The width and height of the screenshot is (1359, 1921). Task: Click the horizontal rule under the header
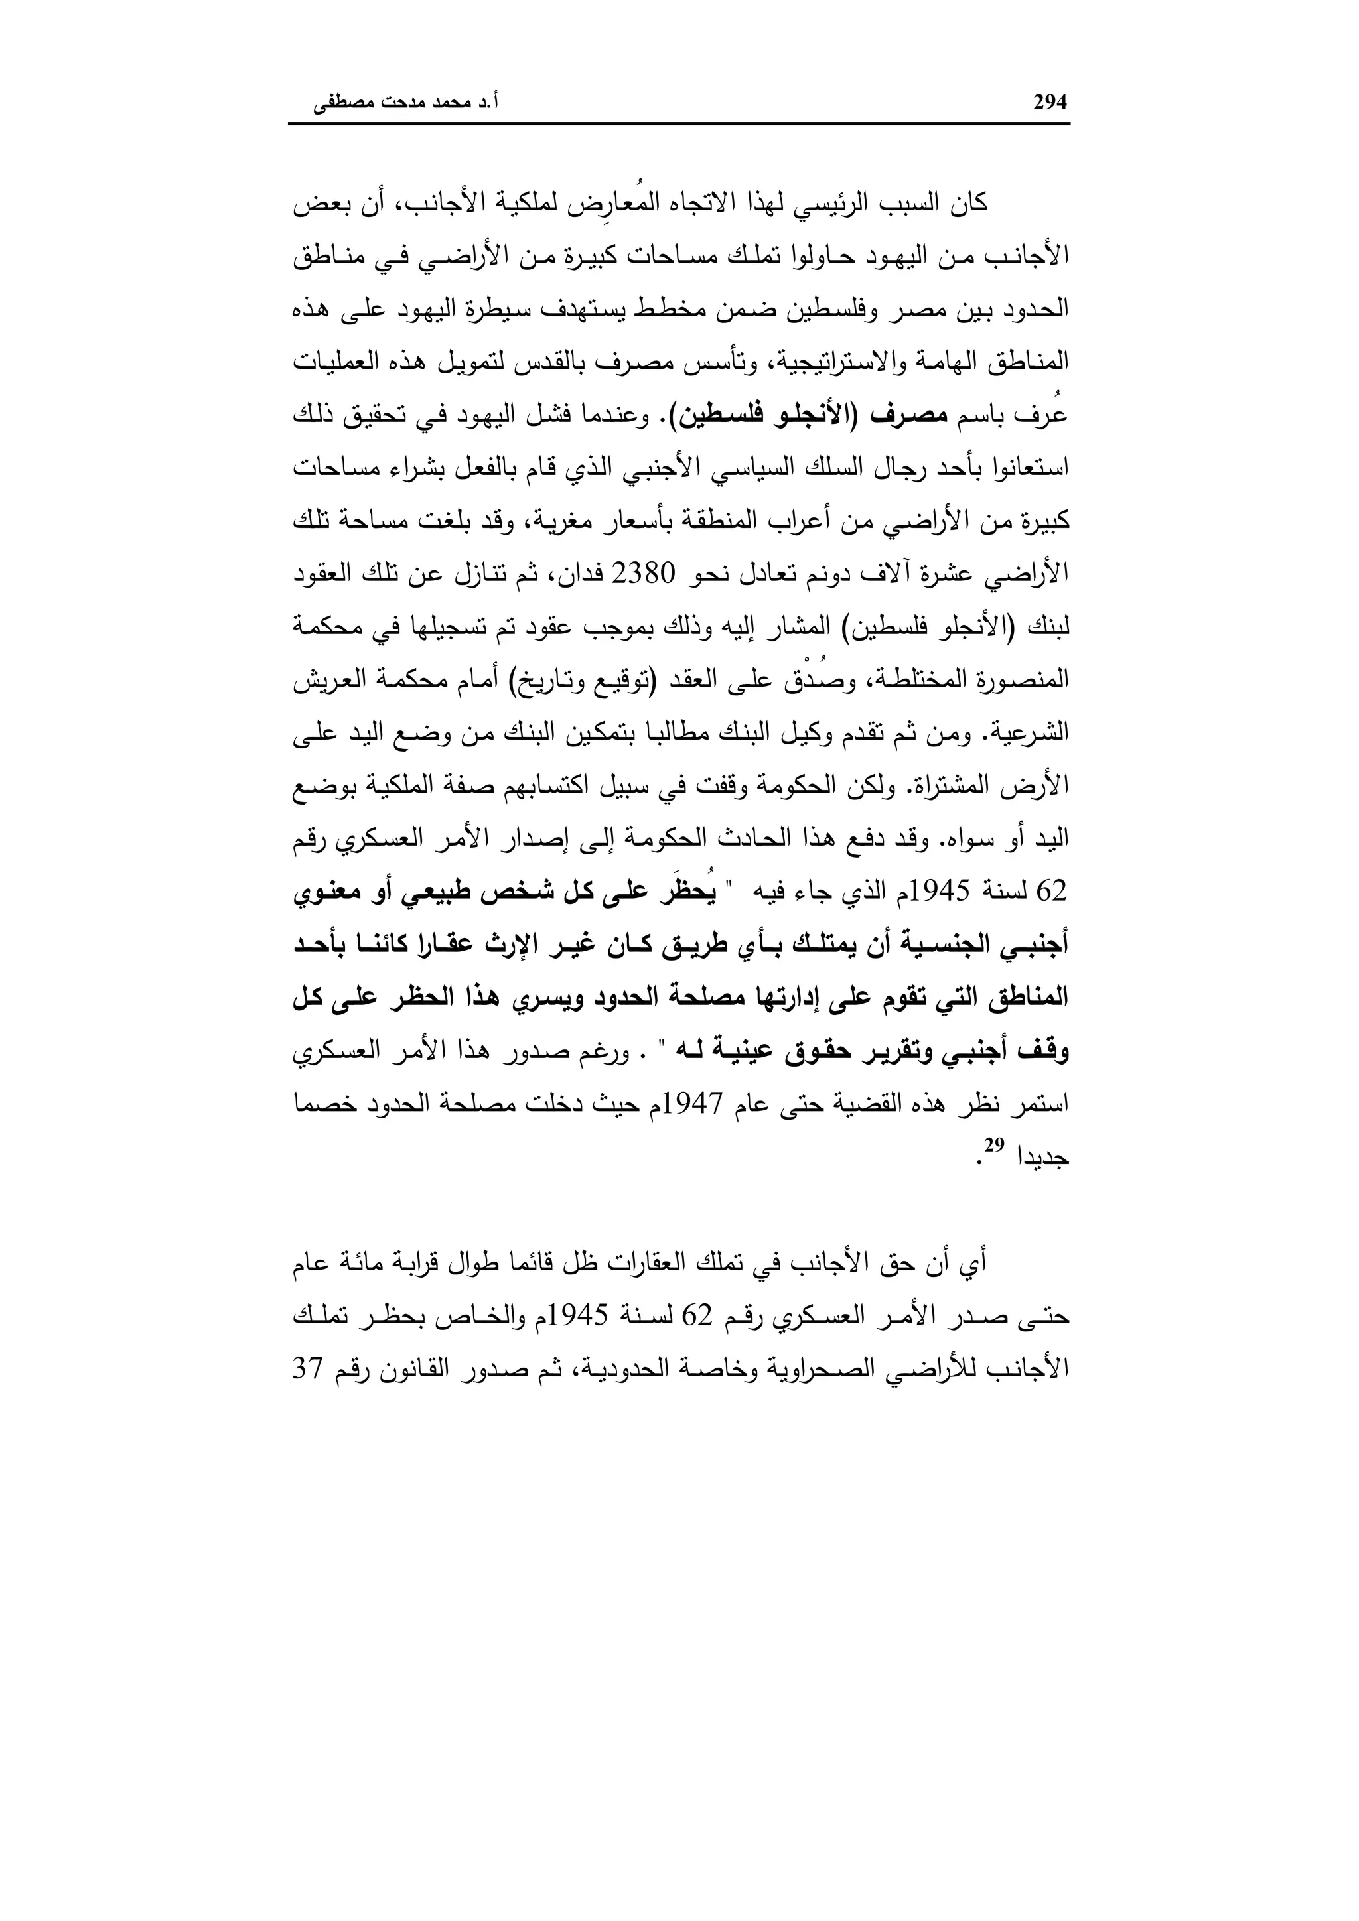[679, 125]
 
